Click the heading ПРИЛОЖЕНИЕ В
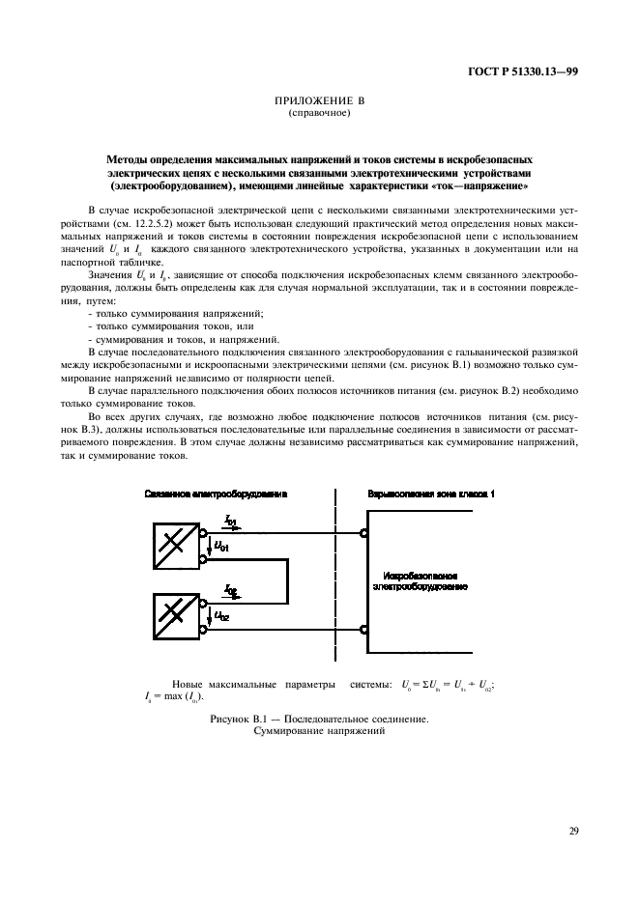[318, 101]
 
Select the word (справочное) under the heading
[319, 113]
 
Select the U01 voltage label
[221, 546]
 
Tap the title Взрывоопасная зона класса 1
[431, 494]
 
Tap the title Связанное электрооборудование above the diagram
[216, 494]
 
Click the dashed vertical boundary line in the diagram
[335, 579]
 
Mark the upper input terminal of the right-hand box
[363, 533]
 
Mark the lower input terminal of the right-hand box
[363, 629]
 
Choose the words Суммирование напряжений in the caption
[319, 731]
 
